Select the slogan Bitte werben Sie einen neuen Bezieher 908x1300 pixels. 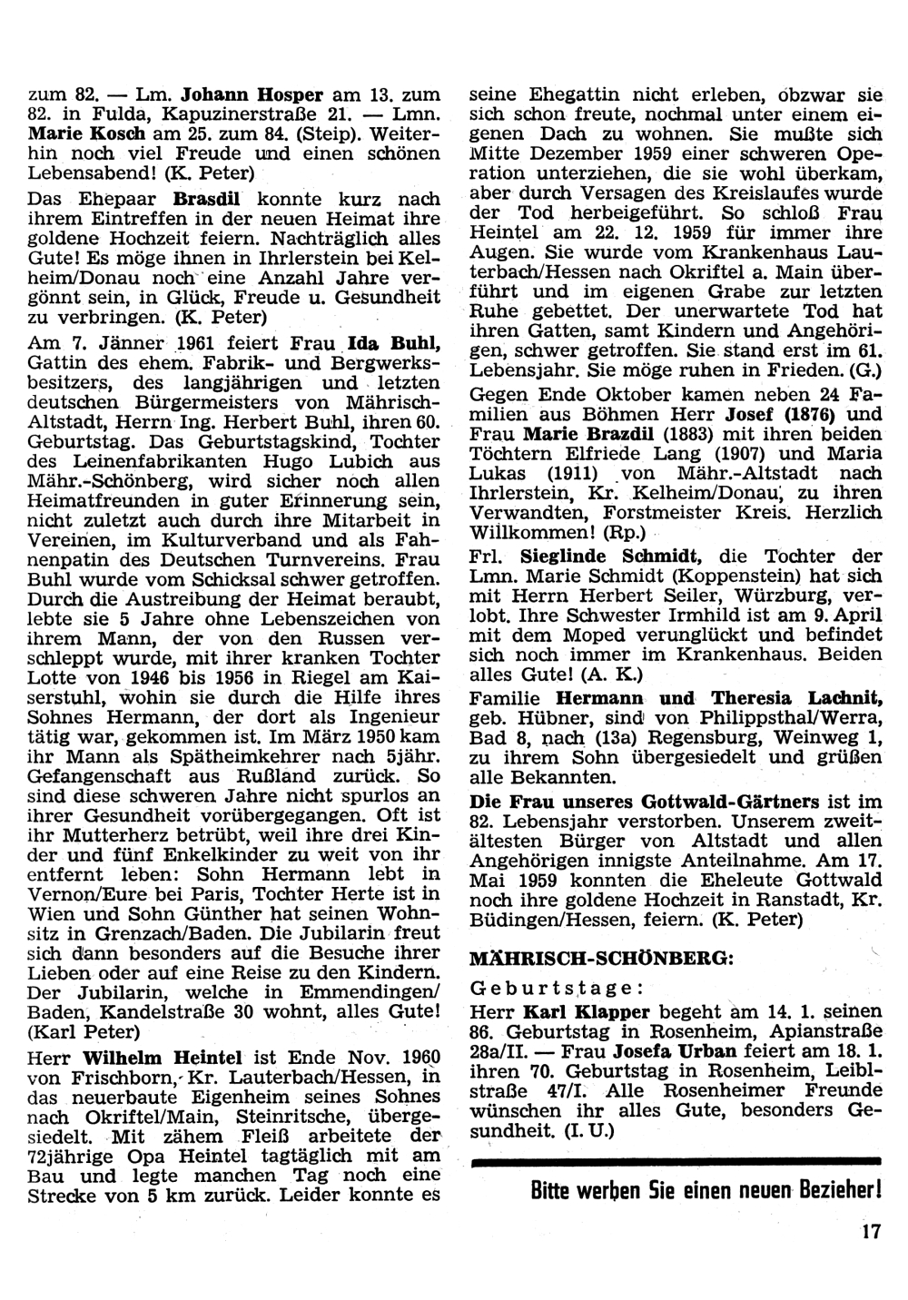(706, 1189)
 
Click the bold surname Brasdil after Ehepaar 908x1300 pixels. (212, 198)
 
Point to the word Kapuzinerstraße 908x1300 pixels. (235, 113)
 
